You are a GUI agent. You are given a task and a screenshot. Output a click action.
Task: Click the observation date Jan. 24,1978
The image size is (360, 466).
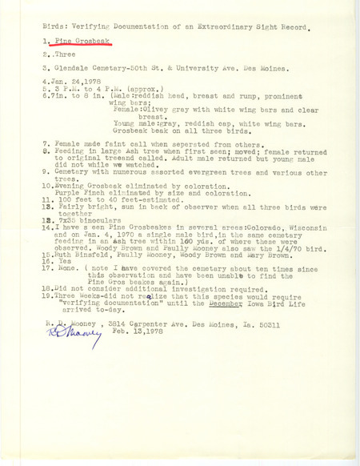point(75,107)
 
